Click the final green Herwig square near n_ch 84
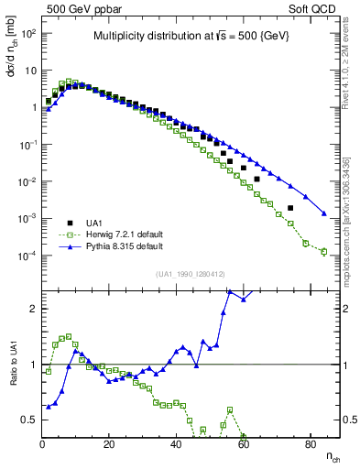point(323,252)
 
